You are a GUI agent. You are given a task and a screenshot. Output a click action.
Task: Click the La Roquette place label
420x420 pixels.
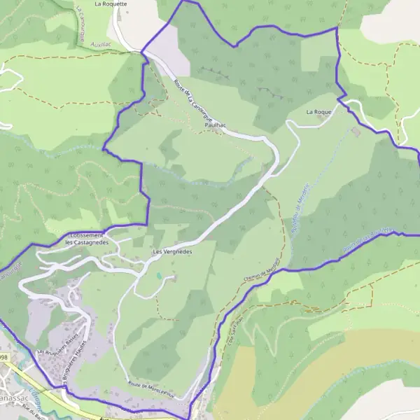pos(111,3)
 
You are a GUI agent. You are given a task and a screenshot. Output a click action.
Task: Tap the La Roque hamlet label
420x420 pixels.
pos(318,112)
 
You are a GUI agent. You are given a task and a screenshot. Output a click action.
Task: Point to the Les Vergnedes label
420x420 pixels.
pos(171,250)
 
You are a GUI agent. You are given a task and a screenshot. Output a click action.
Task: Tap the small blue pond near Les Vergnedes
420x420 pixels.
pos(159,275)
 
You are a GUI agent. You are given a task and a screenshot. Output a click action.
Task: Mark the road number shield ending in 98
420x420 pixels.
pos(4,358)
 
